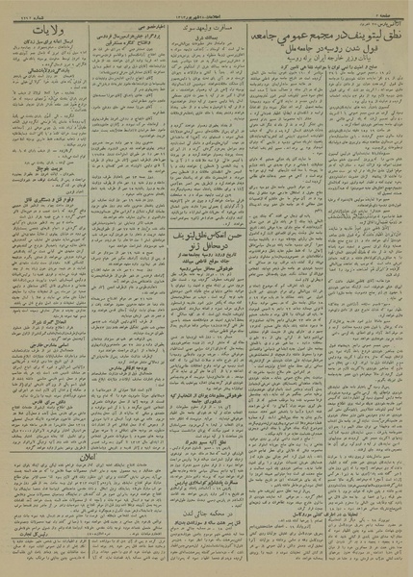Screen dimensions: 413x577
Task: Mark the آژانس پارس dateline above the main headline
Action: coord(385,21)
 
